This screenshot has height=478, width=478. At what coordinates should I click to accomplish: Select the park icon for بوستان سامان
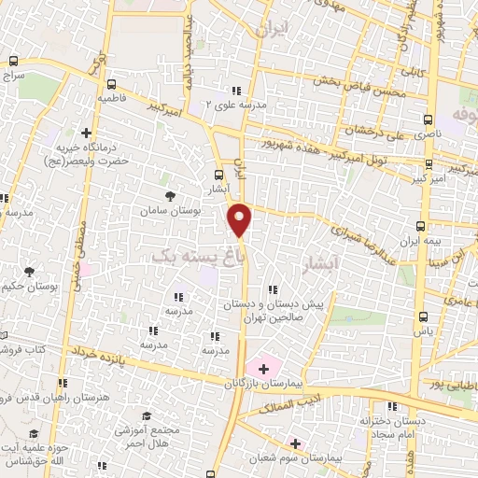pyautogui.click(x=170, y=196)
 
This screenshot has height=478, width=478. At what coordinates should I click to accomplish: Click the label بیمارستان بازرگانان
pyautogui.click(x=265, y=383)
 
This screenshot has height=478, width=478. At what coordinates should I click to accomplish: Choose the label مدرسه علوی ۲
pyautogui.click(x=236, y=105)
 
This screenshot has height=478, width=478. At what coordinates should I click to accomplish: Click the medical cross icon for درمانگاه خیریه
pyautogui.click(x=86, y=133)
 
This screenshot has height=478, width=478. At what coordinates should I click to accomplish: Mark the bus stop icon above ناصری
pyautogui.click(x=429, y=120)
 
